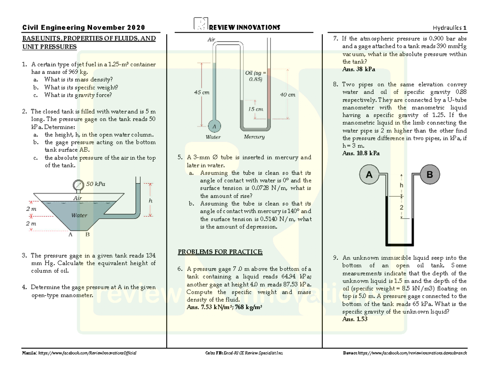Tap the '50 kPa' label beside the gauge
pos(95,184)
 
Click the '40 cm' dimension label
pos(288,94)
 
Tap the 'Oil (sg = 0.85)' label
pos(256,76)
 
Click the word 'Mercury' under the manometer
pos(254,137)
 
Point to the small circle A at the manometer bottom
pos(214,125)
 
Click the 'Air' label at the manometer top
pos(211,40)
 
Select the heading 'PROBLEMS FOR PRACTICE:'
pos(220,252)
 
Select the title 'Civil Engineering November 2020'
pos(84,28)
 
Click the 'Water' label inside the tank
pos(79,215)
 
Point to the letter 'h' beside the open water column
pos(150,201)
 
